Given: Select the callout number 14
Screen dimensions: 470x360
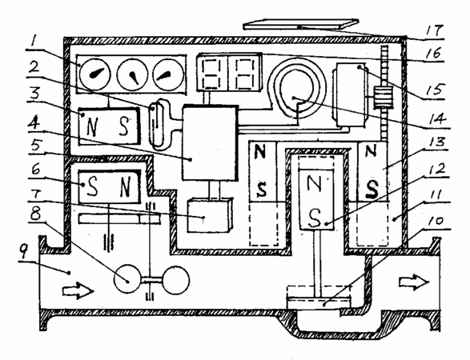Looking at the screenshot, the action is (437, 119).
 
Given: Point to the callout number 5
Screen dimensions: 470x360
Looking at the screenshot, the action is (36, 146).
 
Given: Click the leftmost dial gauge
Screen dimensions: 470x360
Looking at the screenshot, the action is (95, 74).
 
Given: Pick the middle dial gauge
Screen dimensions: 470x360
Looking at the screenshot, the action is (132, 74).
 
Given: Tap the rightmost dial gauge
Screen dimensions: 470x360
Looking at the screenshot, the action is (168, 74).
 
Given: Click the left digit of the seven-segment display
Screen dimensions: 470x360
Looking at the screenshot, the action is (213, 73).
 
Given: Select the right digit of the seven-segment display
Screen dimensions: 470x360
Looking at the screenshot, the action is (245, 73).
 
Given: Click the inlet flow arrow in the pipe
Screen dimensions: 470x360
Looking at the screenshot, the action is (78, 290).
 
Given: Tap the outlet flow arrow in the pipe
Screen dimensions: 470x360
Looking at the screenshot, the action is (414, 282).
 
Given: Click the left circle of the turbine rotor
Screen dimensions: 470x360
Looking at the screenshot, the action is (127, 278).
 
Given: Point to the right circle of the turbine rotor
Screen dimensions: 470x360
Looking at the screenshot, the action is (175, 280).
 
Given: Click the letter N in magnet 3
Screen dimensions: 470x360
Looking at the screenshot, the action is (92, 126).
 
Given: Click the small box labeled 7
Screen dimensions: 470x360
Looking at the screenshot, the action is (210, 215).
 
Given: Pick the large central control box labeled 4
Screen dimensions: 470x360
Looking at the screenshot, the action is (210, 142).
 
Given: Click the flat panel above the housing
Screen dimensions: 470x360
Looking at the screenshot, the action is (301, 24).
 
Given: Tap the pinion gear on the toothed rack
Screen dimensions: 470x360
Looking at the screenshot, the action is (383, 98).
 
